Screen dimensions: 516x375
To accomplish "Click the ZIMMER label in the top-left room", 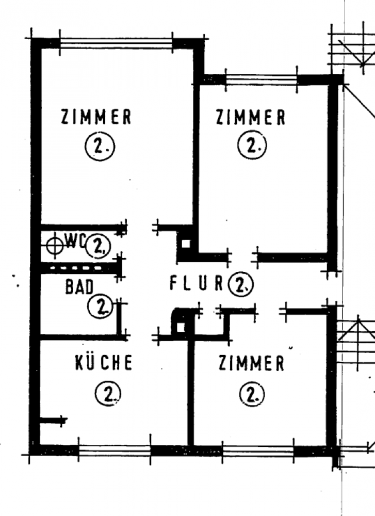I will click(96, 118).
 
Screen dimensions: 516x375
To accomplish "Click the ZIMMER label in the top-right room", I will click(251, 118).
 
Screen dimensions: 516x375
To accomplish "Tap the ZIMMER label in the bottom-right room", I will click(252, 364).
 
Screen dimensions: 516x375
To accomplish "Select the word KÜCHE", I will click(104, 363).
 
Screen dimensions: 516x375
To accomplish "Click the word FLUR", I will click(196, 283).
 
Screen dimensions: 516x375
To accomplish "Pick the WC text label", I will click(75, 240).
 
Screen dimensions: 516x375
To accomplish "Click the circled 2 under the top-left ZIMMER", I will click(99, 149).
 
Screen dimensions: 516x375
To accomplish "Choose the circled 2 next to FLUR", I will click(240, 283).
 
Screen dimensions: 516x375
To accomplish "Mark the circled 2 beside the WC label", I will click(98, 246).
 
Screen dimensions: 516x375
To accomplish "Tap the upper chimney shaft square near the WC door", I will click(186, 243).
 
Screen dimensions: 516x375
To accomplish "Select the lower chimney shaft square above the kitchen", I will click(180, 327).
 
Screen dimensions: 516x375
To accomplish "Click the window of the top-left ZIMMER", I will click(116, 43).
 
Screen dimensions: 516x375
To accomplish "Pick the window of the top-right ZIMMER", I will click(262, 80).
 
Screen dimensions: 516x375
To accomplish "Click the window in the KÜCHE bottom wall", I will click(114, 450).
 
